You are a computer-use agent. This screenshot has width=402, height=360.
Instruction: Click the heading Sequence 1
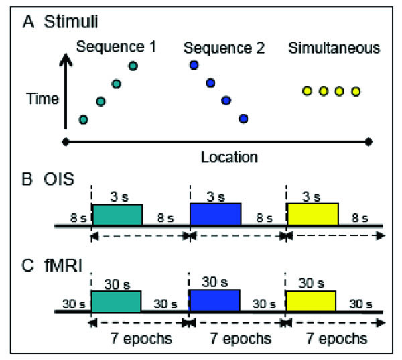(x=116, y=47)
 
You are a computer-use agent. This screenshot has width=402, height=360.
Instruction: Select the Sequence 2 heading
(x=224, y=48)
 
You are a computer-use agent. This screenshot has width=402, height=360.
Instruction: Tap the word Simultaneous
(x=334, y=48)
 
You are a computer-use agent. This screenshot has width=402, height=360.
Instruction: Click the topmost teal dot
(x=133, y=66)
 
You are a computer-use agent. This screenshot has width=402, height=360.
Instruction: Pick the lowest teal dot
(x=83, y=119)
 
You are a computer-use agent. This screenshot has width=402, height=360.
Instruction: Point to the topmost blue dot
(x=194, y=64)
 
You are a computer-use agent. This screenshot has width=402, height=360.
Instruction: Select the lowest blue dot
(x=243, y=119)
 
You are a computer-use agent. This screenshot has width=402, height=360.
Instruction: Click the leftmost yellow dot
(x=307, y=91)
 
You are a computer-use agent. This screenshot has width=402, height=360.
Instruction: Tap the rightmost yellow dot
(x=356, y=91)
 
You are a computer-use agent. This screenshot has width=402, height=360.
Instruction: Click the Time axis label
(x=43, y=99)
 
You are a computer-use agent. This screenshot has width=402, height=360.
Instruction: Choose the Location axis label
(x=229, y=157)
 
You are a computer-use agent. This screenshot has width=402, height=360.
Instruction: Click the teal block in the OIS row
(x=117, y=215)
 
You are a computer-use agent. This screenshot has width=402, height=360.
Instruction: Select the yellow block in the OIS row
(x=313, y=214)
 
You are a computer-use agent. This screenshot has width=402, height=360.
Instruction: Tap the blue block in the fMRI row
(x=214, y=300)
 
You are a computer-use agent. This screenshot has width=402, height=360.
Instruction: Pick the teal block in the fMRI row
(x=116, y=301)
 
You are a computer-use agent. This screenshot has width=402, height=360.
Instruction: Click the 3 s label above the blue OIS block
(x=216, y=197)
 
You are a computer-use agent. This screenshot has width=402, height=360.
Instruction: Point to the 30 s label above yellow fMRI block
(x=311, y=284)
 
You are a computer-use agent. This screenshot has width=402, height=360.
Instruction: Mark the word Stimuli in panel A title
(x=71, y=21)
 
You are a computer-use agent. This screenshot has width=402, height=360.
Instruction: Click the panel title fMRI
(x=64, y=265)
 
